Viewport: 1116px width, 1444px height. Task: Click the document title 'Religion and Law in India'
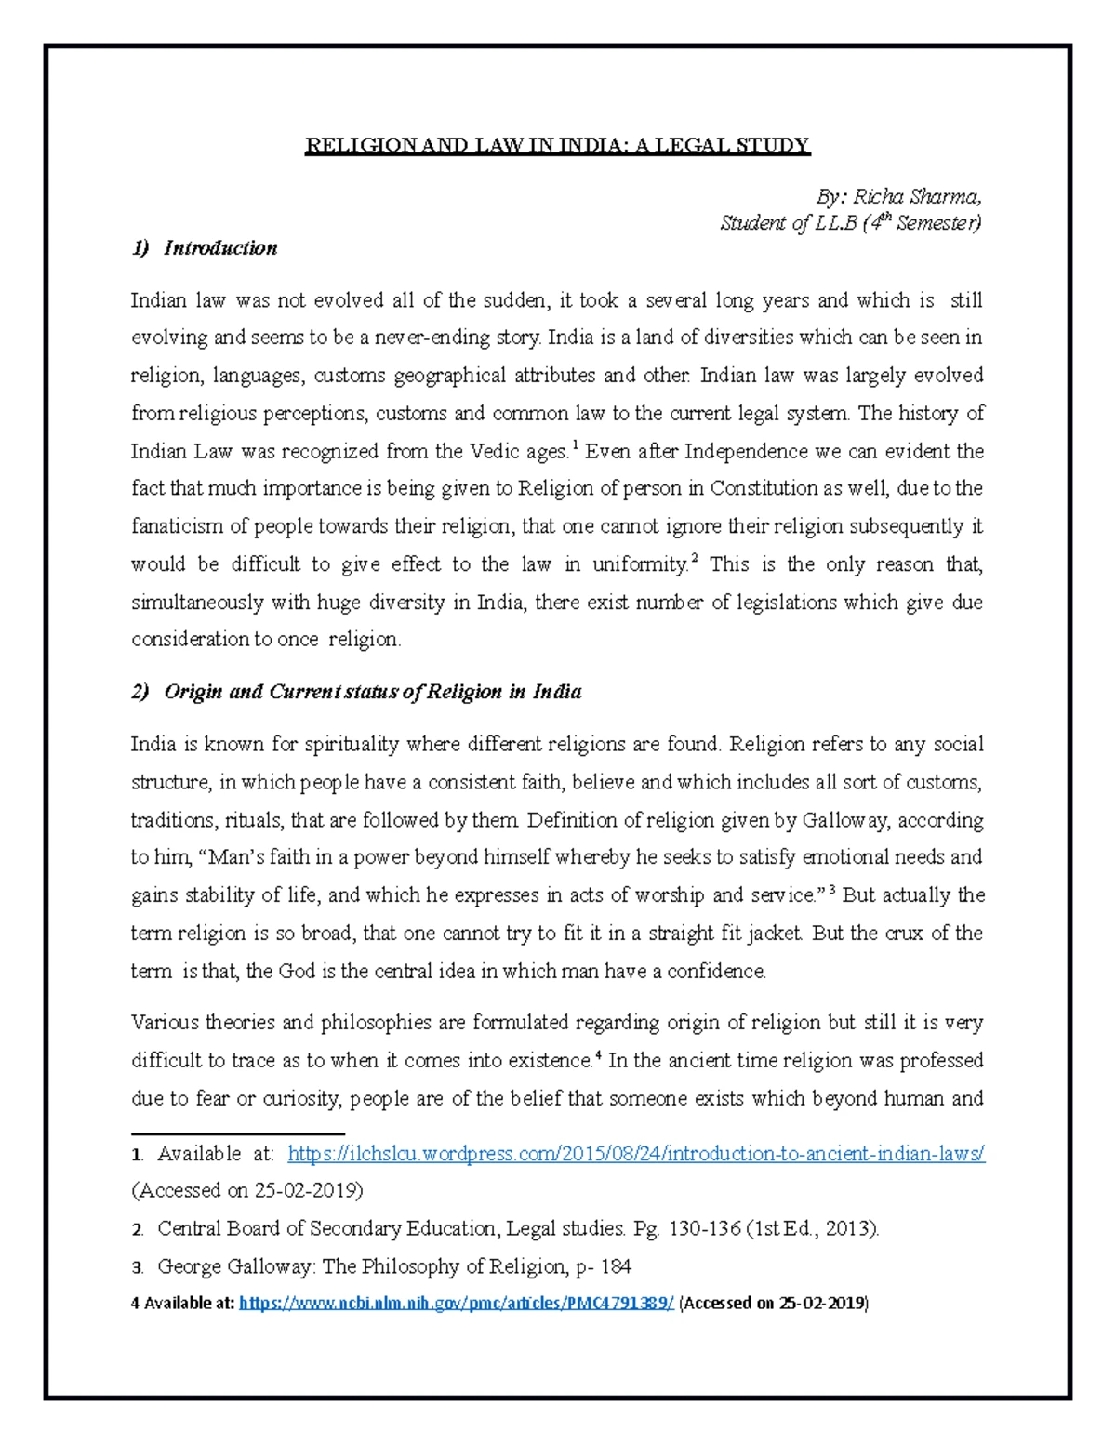(558, 146)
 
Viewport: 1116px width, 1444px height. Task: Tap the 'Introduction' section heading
(220, 248)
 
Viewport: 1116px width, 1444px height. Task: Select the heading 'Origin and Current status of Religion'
(372, 692)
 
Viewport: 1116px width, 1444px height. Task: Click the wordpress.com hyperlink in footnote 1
(636, 1154)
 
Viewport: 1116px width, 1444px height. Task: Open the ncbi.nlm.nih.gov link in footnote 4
(456, 1303)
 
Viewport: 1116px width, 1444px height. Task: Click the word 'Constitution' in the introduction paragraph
(764, 489)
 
